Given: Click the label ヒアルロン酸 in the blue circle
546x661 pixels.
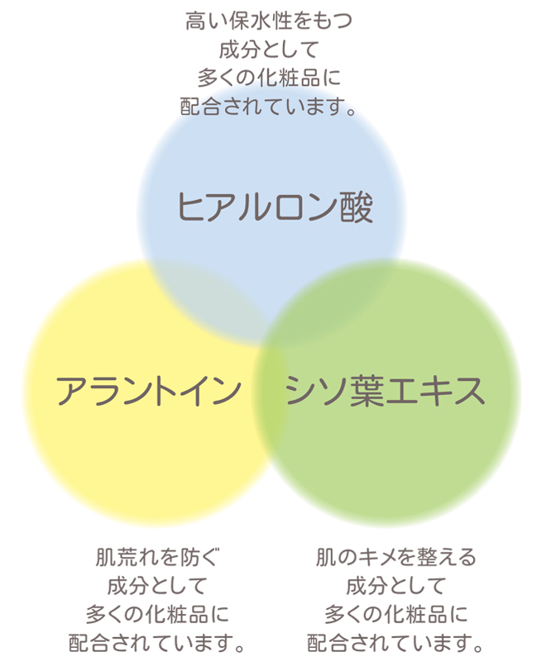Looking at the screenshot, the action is coord(275,207).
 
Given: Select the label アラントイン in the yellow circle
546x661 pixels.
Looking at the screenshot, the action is coord(149,391).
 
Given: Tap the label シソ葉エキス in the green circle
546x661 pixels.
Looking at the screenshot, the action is coord(385,391).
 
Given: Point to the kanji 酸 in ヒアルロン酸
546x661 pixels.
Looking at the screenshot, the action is coord(357,207).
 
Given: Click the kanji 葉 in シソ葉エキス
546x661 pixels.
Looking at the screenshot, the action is coord(367,391).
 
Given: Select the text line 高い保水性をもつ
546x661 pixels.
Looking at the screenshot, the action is coord(269,21).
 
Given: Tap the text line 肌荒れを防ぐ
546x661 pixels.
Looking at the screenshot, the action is coord(158,557).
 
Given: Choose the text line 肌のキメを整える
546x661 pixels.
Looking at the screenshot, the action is coord(395,557).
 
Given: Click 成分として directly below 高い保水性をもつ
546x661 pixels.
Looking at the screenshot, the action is coord(269,50).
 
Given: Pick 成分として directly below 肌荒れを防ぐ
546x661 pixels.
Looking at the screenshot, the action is coord(158,586).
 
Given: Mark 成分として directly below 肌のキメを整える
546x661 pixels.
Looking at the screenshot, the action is coord(395,586).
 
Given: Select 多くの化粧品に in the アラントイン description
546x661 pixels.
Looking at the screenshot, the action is coord(158,614).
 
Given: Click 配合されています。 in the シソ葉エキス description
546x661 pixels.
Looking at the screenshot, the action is coord(395,643).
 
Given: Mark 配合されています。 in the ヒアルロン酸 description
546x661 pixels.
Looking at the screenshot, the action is coord(269,107).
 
